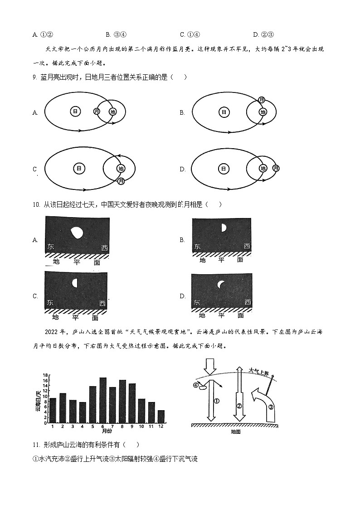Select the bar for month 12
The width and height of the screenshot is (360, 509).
(161, 417)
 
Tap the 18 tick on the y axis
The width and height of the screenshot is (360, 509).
(45, 375)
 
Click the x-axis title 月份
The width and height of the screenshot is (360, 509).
(107, 431)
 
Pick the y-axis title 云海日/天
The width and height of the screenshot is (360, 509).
(39, 400)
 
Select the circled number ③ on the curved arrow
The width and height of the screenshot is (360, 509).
(271, 407)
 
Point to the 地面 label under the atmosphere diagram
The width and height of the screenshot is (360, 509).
(235, 432)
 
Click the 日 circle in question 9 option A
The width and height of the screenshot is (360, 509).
(76, 111)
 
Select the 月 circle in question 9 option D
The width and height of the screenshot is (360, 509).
(276, 168)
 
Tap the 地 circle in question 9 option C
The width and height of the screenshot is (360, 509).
(121, 169)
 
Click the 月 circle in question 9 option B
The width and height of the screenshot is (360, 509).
(262, 100)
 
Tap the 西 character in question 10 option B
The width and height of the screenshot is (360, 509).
(247, 247)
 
